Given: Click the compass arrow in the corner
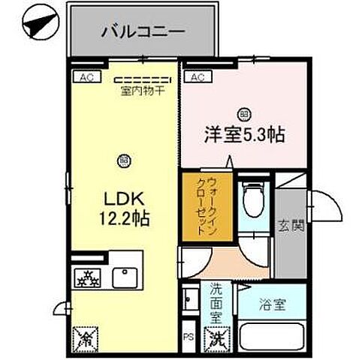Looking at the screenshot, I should (38, 24).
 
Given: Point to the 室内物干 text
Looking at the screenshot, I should (143, 91).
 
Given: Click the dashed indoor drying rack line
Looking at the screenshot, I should (143, 79).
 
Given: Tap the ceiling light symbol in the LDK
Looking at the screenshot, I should (122, 158).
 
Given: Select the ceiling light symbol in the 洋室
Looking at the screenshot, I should (243, 113).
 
